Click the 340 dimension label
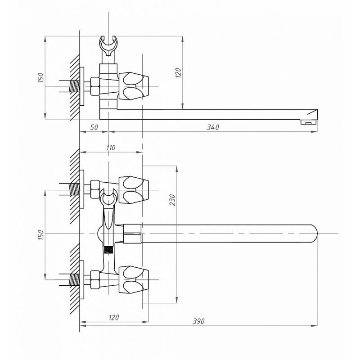click(x=212, y=127)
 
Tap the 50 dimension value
click(x=94, y=127)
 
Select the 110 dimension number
click(x=111, y=148)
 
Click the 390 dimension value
click(x=199, y=321)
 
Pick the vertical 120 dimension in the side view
click(x=178, y=72)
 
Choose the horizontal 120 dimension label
click(x=113, y=318)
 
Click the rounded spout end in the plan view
click(x=312, y=234)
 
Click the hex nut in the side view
click(x=95, y=85)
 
